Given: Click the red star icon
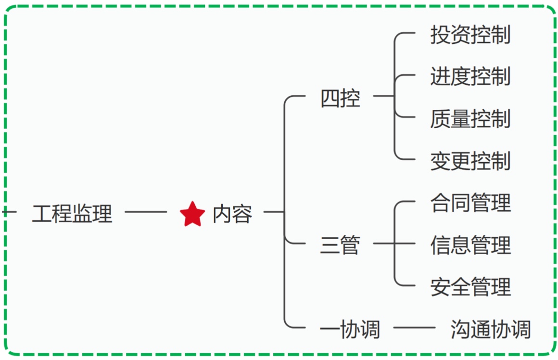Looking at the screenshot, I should click(192, 214).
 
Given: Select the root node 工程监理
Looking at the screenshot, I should click(72, 213).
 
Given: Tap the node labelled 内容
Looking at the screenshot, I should click(232, 213).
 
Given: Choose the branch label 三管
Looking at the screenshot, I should click(340, 245).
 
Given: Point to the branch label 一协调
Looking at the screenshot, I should click(350, 330).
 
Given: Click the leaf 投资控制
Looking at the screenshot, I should click(470, 35).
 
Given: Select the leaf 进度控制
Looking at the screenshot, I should click(470, 77).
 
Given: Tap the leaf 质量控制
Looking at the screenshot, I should click(470, 118).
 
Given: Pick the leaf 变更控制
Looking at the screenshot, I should click(470, 160).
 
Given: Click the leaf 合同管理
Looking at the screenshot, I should click(470, 203).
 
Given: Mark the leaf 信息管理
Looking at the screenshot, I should click(470, 245).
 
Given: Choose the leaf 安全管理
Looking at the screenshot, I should click(470, 287).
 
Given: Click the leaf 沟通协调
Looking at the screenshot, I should click(491, 330).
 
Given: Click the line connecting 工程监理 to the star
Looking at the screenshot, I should click(145, 212).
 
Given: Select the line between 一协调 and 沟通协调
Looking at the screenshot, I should click(414, 329).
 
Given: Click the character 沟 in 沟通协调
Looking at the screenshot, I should click(460, 330).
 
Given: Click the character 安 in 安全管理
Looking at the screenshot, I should click(440, 287).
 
